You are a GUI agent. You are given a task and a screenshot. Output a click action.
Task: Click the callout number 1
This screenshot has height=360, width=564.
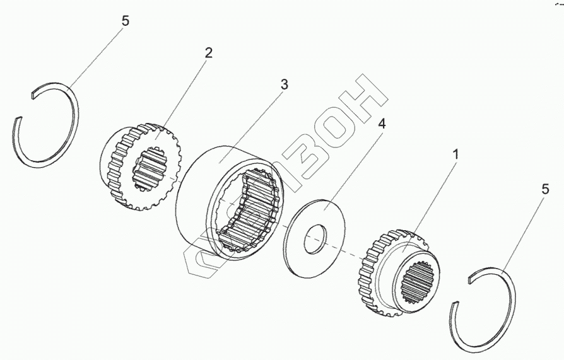pos(455,153)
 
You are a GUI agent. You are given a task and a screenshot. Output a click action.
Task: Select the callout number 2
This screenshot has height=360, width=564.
pos(208,53)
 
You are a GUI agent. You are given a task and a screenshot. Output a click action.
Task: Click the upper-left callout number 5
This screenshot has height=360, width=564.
pos(125,21)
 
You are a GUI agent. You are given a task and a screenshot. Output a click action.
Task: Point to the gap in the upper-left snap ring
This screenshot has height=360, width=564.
pos(24,106)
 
